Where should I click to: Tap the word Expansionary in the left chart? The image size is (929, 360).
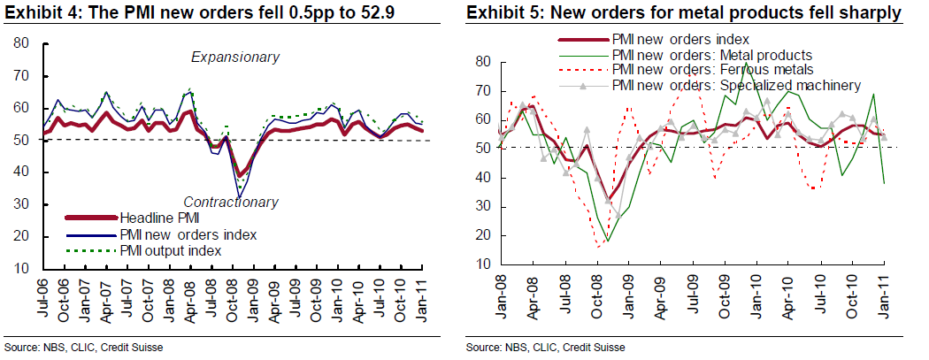235,57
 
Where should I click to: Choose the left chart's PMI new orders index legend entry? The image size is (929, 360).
187,234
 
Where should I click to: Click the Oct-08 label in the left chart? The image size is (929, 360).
228,295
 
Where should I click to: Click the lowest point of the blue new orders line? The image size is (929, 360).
239,195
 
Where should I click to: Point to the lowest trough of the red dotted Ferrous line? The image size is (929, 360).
599,247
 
